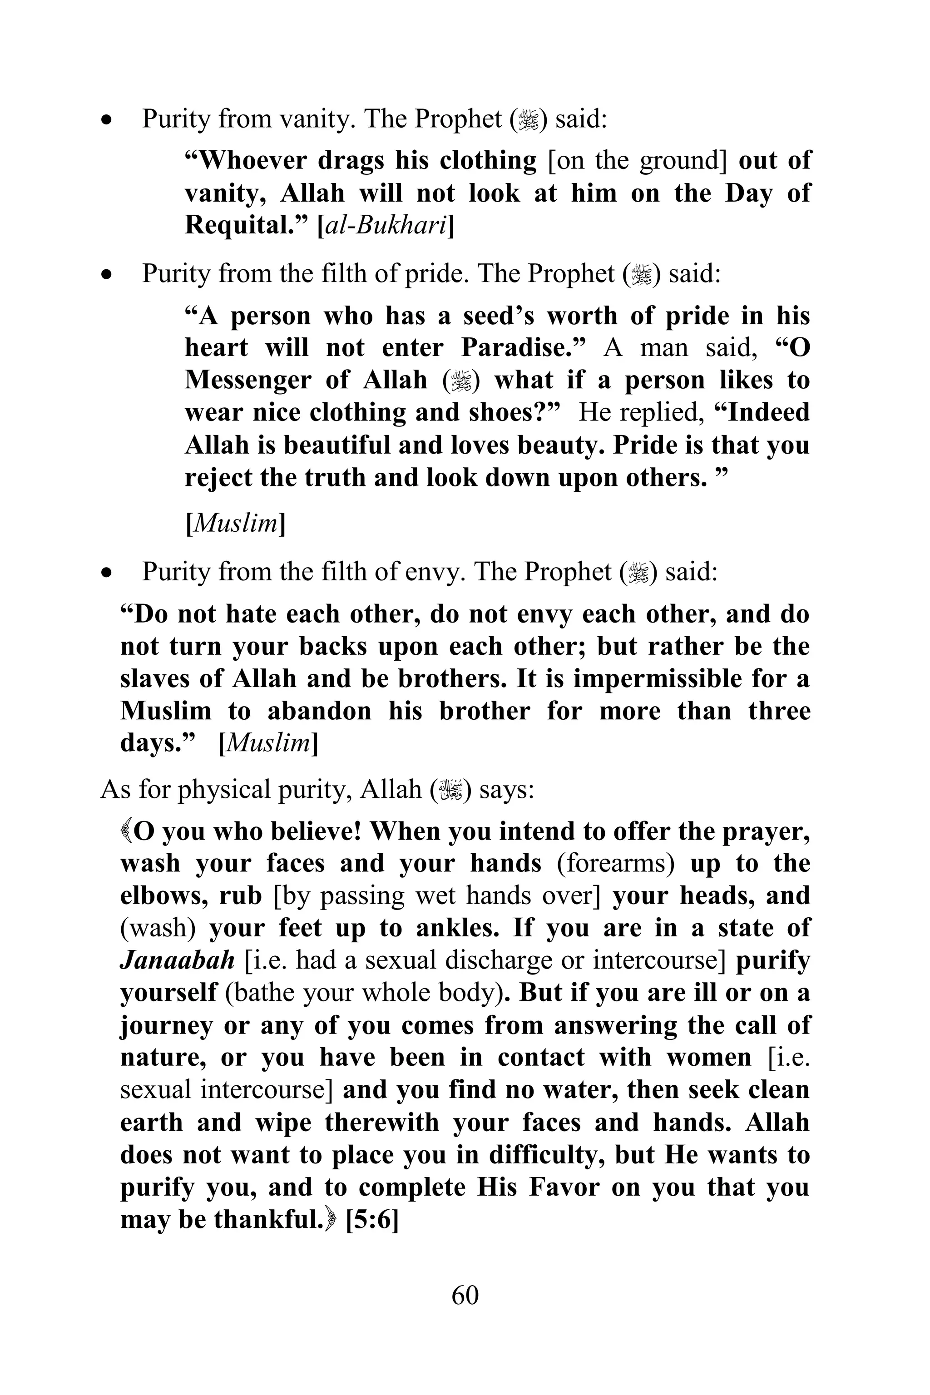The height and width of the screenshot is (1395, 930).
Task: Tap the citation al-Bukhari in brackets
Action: pyautogui.click(x=386, y=225)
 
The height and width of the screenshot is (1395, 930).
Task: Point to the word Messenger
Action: pyautogui.click(x=247, y=380)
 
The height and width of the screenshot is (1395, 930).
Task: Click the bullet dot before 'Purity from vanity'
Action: pyautogui.click(x=107, y=120)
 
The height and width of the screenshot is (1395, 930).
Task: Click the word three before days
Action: pyautogui.click(x=779, y=711)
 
